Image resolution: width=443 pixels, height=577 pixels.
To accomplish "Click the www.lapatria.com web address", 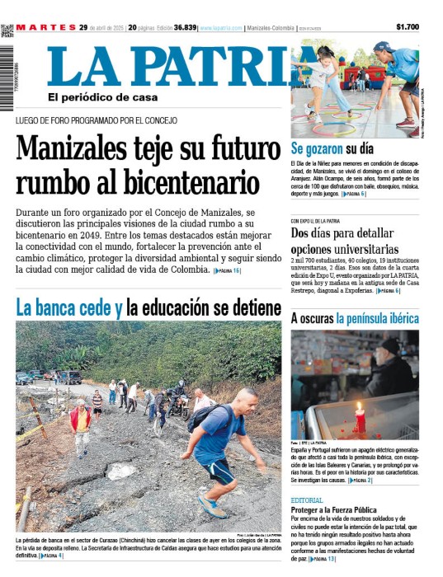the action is pos(220,27).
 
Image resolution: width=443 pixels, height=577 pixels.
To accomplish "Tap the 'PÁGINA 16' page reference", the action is pos(227,270).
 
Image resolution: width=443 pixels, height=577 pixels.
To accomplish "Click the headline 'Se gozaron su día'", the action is pos(332,148).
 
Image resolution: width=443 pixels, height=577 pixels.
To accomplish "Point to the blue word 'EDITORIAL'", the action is pos(307,500).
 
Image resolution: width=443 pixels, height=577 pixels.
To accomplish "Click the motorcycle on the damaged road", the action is pos(176,403).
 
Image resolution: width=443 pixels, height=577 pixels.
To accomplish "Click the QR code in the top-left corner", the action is pos(7,31).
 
